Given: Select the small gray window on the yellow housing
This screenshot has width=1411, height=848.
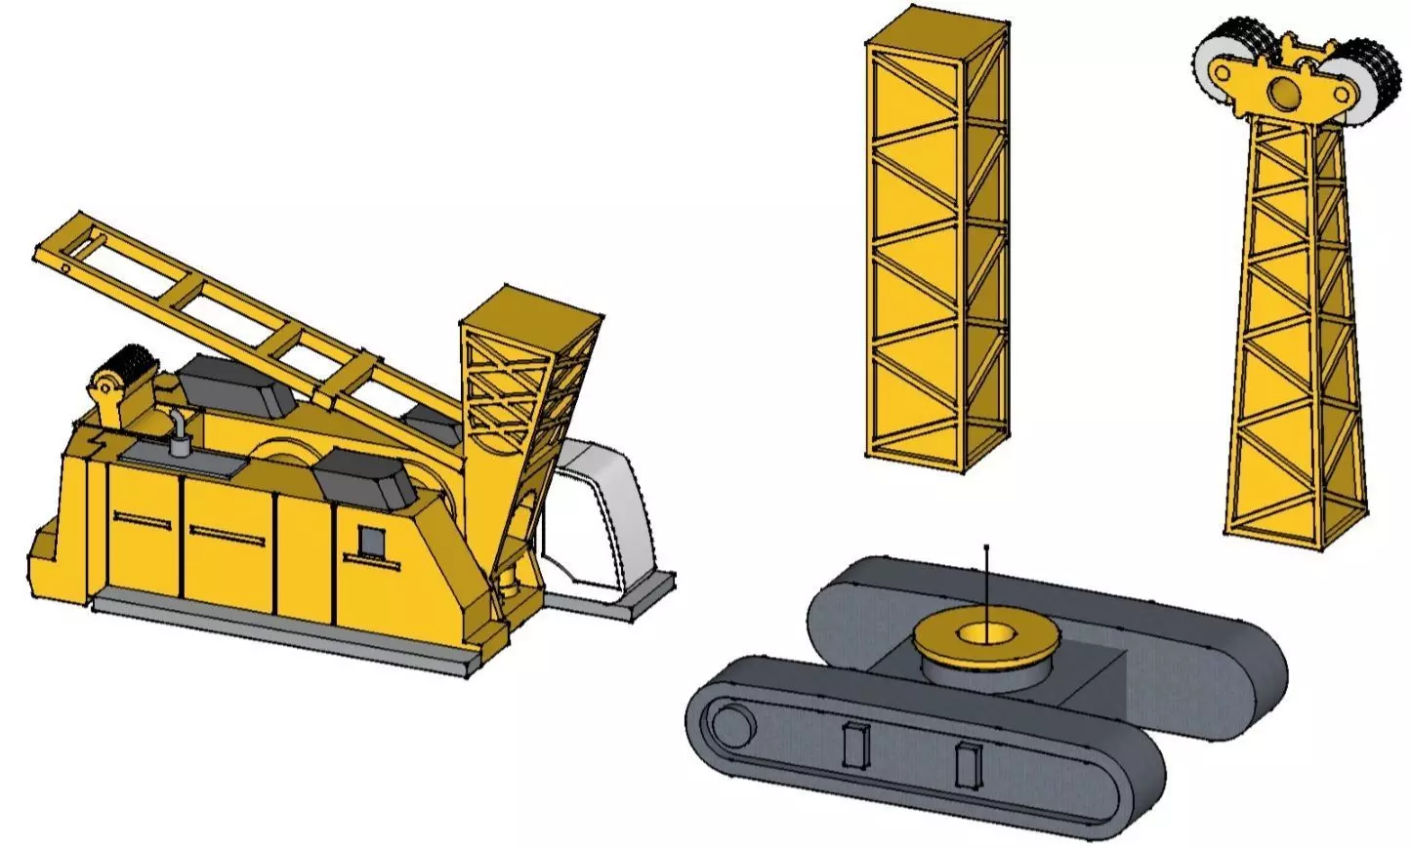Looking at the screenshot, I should (372, 540).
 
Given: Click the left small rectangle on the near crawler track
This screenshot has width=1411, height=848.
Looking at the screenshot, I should (856, 746).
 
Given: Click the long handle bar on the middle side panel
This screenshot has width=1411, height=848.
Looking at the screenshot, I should (228, 534).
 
